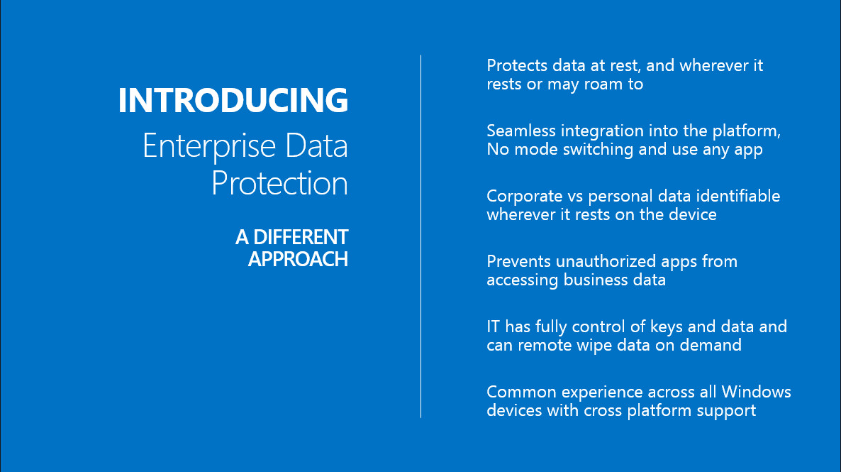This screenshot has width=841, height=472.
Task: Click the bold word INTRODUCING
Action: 233,100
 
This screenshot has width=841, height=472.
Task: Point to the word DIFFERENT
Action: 301,237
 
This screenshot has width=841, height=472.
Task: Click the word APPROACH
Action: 299,259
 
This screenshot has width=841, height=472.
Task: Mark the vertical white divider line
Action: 421,236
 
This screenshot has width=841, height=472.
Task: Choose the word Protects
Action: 517,65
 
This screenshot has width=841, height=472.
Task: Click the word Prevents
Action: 518,261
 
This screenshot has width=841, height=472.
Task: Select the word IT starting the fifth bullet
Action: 494,327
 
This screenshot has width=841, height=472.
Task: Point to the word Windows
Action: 756,392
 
